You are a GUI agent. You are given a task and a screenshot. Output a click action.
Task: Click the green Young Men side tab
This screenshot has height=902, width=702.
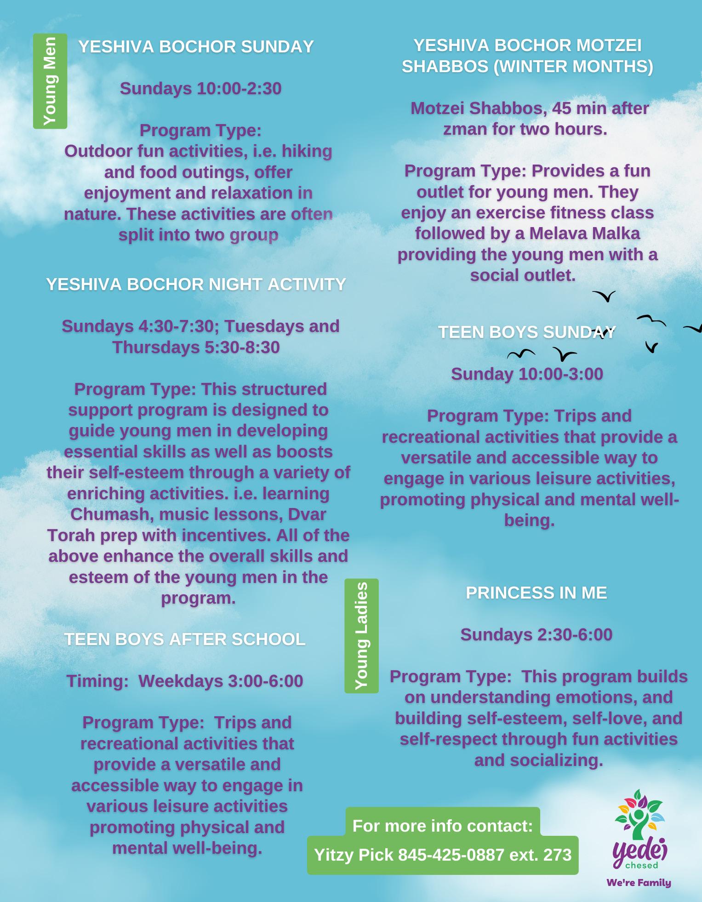50,81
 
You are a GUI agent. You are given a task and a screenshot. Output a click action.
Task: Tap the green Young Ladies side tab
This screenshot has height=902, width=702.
361,636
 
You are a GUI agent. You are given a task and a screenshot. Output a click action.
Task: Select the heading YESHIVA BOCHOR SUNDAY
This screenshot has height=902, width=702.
196,47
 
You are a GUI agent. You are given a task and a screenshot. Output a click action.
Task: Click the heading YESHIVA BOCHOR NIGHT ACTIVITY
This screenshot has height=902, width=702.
196,285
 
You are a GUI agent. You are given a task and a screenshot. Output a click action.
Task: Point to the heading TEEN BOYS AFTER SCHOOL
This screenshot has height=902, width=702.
184,639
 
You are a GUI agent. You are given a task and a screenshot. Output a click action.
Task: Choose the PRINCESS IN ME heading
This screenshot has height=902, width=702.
536,593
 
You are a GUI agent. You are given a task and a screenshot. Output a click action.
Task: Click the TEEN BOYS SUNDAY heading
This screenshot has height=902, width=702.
526,332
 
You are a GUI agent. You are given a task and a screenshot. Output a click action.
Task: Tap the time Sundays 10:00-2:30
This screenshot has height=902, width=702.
200,89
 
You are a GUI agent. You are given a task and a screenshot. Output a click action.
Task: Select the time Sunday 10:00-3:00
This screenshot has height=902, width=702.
527,374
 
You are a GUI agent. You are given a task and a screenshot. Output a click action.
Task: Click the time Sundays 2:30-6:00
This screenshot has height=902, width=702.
536,635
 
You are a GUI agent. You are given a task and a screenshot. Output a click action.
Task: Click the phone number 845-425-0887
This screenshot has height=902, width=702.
451,855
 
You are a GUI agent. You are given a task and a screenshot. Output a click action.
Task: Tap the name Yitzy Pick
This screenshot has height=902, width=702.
354,855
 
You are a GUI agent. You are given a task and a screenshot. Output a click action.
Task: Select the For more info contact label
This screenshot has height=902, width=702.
442,826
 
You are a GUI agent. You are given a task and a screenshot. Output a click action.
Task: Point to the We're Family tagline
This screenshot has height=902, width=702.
639,883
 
